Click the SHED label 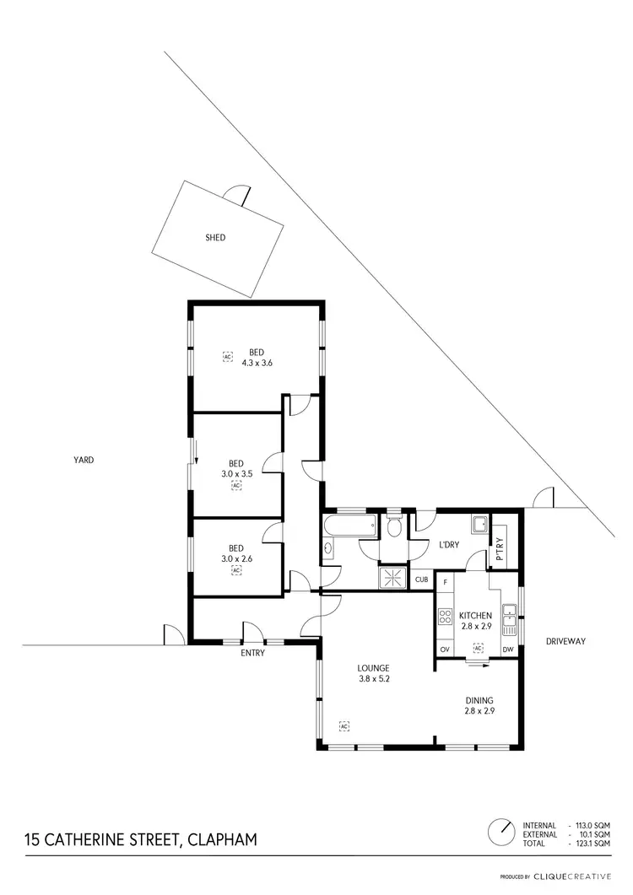point(215,238)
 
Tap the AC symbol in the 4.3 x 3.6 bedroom point(226,357)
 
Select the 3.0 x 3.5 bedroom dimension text point(236,474)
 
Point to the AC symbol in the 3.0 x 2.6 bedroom point(236,570)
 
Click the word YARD point(83,461)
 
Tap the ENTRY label point(252,653)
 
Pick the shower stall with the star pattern point(392,577)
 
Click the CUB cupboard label point(421,580)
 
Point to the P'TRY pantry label point(500,549)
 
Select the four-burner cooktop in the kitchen point(446,616)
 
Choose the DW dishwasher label point(508,649)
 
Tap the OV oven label point(445,649)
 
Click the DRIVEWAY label point(565,641)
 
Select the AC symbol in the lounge point(344,725)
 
